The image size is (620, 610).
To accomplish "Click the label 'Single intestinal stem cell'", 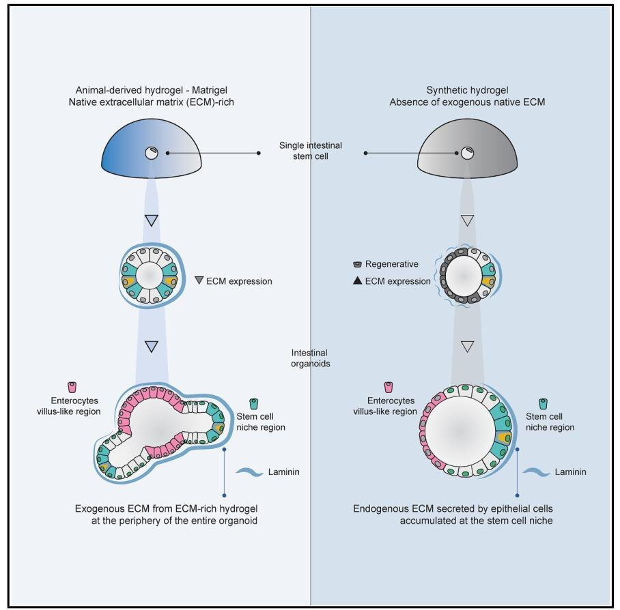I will [311, 151].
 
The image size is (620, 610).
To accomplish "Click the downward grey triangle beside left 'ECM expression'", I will [199, 280].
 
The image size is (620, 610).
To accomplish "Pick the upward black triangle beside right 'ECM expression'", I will [358, 280].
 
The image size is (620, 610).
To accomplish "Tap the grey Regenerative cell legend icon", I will [358, 263].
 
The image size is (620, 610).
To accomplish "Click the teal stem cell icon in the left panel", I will [254, 404].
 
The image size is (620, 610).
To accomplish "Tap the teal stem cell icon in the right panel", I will [544, 404].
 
